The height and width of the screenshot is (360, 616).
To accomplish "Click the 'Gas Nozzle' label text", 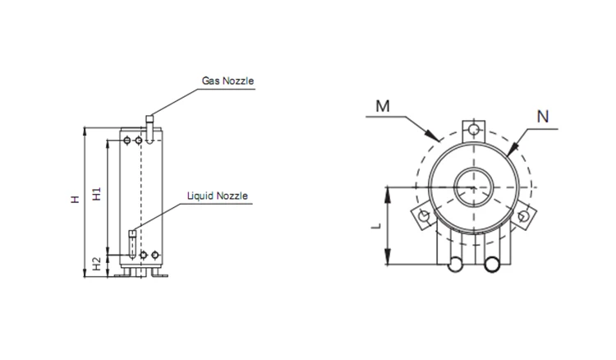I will coord(228,81).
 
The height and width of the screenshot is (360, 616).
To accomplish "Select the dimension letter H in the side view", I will coord(74,200).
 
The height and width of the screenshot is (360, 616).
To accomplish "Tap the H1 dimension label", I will coord(97,195).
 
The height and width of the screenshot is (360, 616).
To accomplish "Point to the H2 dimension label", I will coord(97,265).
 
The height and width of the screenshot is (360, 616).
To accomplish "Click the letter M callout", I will coord(382,106).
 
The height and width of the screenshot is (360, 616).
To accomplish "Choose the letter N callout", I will coord(542,117).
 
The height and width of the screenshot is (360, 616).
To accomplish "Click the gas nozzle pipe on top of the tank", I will coord(149,123).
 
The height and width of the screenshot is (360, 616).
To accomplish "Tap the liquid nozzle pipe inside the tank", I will coord(132,242).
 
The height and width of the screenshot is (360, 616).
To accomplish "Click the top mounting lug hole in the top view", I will coord(472,130).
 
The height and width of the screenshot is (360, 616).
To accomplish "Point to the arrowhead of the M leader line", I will coord(434,137).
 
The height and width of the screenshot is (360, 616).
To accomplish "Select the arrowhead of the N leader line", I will coord(510,150).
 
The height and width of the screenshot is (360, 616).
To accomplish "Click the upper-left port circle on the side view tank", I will coord(127,141).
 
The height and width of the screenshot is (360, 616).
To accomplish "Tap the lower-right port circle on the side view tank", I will coord(156,256).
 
